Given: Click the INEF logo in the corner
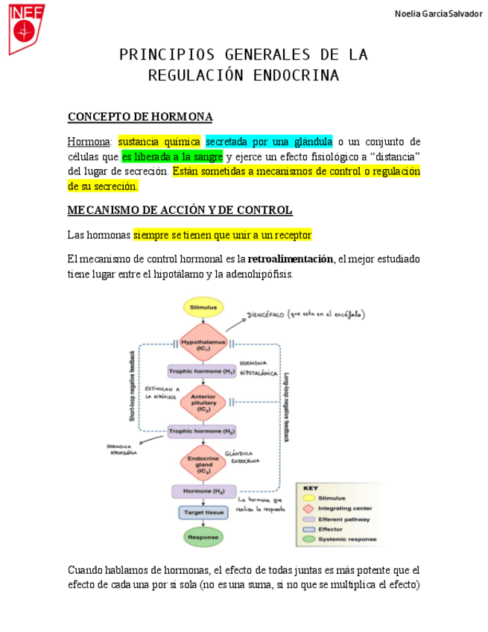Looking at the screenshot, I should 26,28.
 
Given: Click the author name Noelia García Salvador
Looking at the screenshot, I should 437,14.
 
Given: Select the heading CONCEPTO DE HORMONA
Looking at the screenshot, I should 140,117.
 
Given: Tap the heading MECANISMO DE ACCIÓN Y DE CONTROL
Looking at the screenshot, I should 180,210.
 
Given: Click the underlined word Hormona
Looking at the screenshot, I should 89,142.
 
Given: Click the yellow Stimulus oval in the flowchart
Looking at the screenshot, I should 203,307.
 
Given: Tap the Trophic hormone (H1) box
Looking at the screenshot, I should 202,371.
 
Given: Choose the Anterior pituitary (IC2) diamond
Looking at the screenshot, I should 203,402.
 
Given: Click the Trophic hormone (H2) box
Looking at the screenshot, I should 202,432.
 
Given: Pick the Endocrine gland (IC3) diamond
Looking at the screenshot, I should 203,463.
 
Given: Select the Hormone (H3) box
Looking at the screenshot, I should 203,492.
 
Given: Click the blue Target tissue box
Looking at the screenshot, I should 203,513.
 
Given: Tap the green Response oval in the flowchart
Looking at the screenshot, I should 203,537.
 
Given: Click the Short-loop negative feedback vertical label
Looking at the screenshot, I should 133,385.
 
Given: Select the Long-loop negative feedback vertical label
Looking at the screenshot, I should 287,407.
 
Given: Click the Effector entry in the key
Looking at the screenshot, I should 331,529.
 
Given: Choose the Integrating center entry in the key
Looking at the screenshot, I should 344,508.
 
